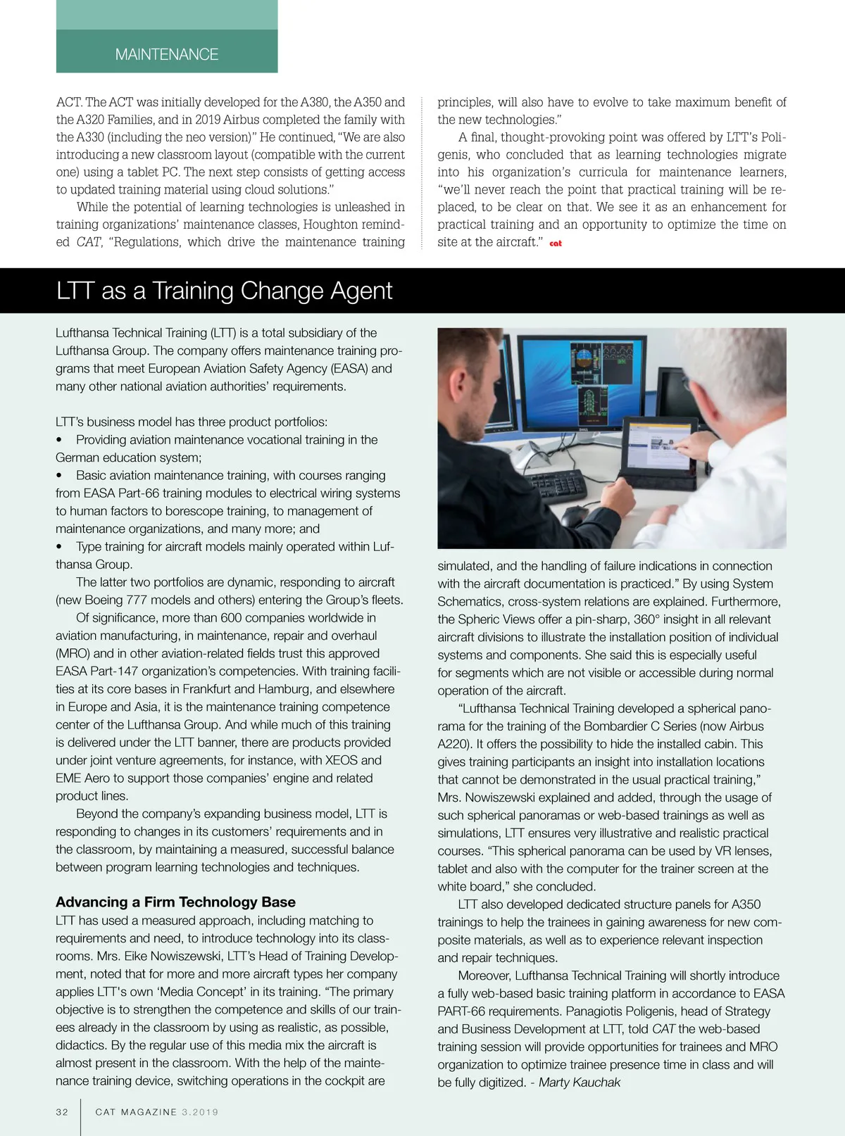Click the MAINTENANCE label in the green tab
(x=167, y=55)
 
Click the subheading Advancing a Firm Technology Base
(x=175, y=902)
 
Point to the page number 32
(x=63, y=1112)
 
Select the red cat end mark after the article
(x=556, y=244)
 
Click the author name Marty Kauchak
(x=579, y=1083)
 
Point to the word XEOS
(x=342, y=760)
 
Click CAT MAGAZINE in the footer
(x=136, y=1112)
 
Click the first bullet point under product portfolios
(x=60, y=441)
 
